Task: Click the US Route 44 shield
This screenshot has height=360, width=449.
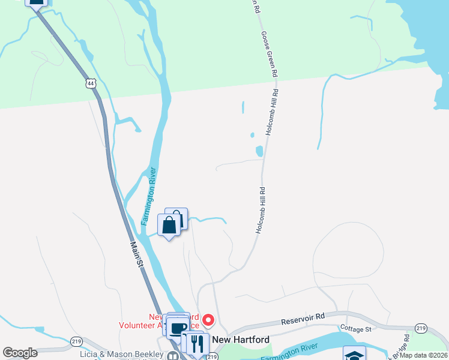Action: [x=90, y=83]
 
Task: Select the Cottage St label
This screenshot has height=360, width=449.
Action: [x=357, y=328]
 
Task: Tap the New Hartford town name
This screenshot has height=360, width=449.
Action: [x=242, y=339]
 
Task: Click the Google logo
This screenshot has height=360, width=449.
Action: [x=20, y=353]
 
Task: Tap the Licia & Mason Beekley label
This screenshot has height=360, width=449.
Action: [x=122, y=354]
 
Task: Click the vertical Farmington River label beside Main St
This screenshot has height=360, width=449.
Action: [x=149, y=196]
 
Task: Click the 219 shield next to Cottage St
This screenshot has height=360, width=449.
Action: [x=421, y=328]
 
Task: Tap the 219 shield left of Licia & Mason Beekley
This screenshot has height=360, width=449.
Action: [x=76, y=341]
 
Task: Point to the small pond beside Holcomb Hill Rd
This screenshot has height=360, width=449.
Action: [x=259, y=151]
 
